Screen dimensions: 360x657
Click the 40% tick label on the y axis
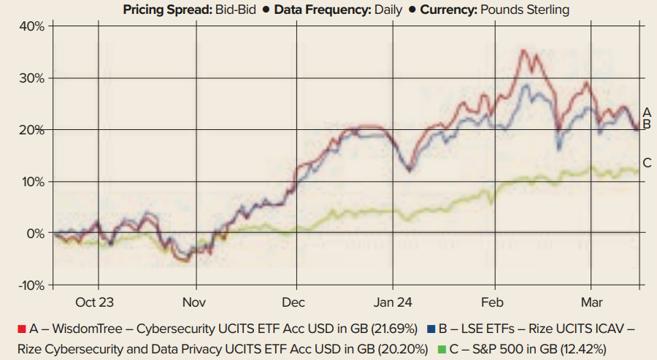32,26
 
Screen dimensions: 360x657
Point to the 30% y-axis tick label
32,78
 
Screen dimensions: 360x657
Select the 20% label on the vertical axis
32,130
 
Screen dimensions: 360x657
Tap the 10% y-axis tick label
32,182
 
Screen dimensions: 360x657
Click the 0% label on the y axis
35,234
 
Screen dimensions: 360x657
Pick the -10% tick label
31,285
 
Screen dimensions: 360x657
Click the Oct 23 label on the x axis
95,302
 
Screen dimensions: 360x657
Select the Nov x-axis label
194,302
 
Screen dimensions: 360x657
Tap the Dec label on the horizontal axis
293,302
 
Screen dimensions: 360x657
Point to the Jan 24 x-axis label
393,302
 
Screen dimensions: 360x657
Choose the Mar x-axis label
591,302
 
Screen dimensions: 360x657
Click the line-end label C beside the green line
646,163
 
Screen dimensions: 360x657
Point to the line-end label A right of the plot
646,112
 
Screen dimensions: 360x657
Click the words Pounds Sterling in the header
523,10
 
